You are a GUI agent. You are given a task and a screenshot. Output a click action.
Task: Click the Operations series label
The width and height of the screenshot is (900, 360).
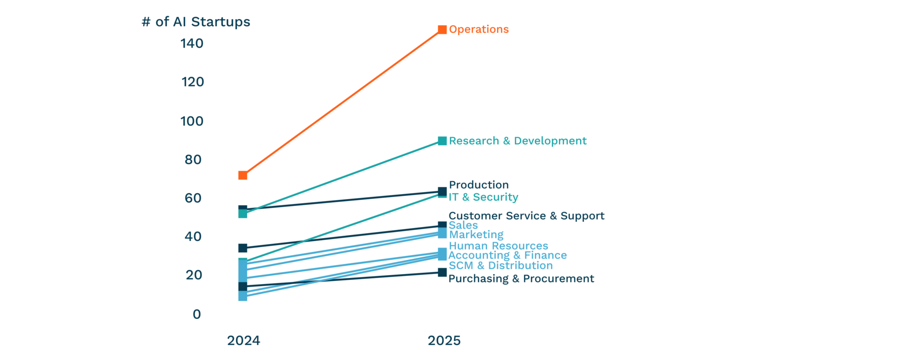(479, 30)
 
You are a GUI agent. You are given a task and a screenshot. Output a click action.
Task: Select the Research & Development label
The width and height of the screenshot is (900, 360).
(517, 141)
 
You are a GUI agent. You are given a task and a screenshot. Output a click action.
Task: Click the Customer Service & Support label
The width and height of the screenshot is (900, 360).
(527, 216)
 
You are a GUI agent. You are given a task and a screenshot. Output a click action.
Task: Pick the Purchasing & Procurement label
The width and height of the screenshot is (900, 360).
(521, 279)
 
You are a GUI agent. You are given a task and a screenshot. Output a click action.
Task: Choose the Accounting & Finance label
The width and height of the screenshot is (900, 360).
(508, 256)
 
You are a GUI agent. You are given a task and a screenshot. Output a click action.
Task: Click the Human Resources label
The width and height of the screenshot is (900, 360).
(498, 246)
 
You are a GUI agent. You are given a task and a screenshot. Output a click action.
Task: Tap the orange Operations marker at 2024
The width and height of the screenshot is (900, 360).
(242, 176)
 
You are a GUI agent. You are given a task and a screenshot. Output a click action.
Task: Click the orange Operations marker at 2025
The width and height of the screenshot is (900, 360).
(442, 30)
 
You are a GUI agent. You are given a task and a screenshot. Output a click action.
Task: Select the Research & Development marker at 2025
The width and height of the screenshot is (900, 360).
(441, 140)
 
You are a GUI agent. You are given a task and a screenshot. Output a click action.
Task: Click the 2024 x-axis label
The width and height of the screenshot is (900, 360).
(243, 341)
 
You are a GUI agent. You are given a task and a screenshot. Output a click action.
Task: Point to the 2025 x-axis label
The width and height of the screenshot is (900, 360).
(444, 341)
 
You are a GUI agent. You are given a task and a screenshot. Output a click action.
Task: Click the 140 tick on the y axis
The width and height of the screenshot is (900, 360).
(193, 44)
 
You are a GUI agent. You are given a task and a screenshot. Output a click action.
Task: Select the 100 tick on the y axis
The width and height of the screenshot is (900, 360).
(193, 121)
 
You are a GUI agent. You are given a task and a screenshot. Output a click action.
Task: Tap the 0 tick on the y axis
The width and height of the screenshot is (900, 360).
(196, 314)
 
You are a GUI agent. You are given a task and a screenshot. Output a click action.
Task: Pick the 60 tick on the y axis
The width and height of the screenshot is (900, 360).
(193, 198)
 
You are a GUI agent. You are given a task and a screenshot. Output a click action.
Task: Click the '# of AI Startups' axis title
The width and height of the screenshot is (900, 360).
(196, 23)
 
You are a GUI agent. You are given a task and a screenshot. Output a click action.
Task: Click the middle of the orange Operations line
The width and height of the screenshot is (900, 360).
(342, 103)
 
